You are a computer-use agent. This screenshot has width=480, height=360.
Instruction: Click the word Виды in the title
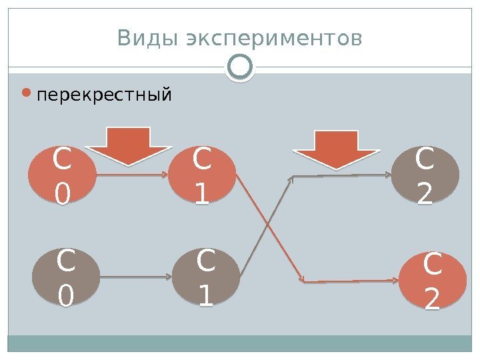click(146, 39)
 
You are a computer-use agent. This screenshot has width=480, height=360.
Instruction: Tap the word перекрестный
click(105, 96)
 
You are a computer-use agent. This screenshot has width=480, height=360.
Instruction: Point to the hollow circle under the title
click(240, 67)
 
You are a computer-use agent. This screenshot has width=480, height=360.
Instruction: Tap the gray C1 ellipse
click(205, 277)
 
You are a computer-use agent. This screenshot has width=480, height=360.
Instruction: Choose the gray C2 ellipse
click(425, 176)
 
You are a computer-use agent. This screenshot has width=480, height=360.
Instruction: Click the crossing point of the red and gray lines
click(268, 224)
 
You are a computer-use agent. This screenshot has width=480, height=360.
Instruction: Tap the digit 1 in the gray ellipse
click(205, 294)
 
